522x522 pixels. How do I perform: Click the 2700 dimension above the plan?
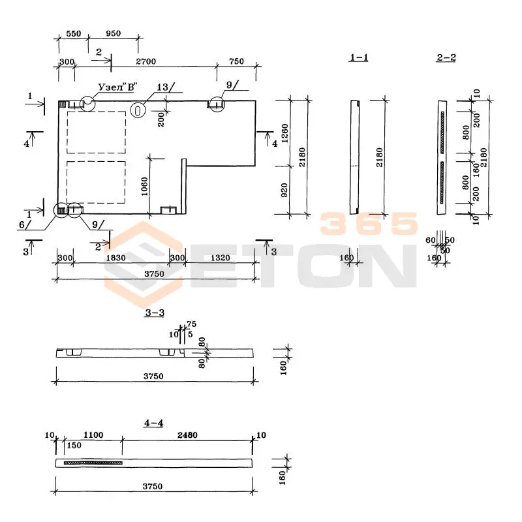pyautogui.click(x=146, y=61)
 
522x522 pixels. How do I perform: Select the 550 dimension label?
pyautogui.click(x=73, y=33)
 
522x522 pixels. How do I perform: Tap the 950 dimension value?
pyautogui.click(x=113, y=33)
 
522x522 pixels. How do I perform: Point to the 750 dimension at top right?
pyautogui.click(x=236, y=61)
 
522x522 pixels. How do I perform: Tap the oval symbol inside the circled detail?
pyautogui.click(x=138, y=110)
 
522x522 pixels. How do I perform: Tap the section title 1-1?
pyautogui.click(x=359, y=58)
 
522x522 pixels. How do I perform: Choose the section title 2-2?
pyautogui.click(x=446, y=58)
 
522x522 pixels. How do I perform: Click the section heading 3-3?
pyautogui.click(x=154, y=313)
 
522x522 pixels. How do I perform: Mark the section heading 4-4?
pyautogui.click(x=153, y=423)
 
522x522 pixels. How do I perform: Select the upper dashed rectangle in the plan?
pyautogui.click(x=97, y=132)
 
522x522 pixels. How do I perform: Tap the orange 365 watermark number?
pyautogui.click(x=369, y=224)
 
